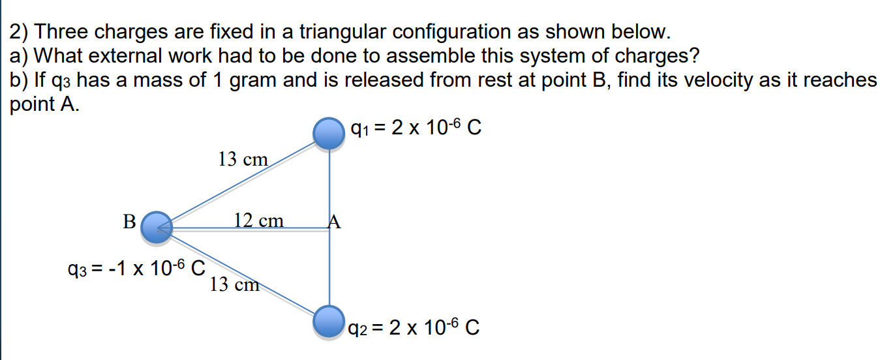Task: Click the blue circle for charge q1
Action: tap(329, 133)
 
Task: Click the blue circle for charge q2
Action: tap(329, 322)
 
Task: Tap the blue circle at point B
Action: tap(157, 228)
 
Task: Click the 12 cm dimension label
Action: tap(259, 220)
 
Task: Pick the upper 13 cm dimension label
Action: tap(243, 158)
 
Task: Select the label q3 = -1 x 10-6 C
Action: tap(136, 267)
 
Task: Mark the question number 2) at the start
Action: tap(22, 31)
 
